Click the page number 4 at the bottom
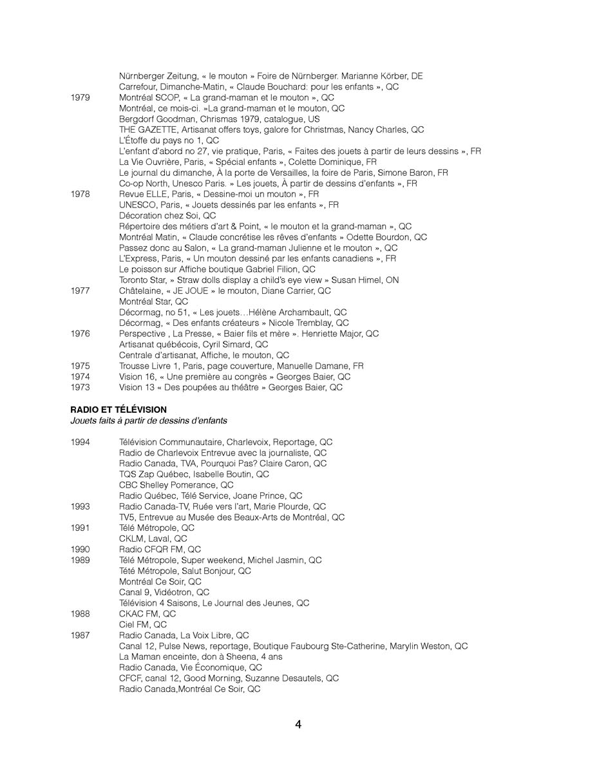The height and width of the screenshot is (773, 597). coord(298,724)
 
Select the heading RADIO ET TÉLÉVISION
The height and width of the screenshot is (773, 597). coord(118,410)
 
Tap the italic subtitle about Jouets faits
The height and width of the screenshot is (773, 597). coord(148,421)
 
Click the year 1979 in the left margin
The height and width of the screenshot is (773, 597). coord(81,98)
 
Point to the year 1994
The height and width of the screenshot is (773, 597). coord(81,442)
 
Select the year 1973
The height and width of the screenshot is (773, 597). coord(81,388)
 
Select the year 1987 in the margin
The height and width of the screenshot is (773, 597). coord(81,635)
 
